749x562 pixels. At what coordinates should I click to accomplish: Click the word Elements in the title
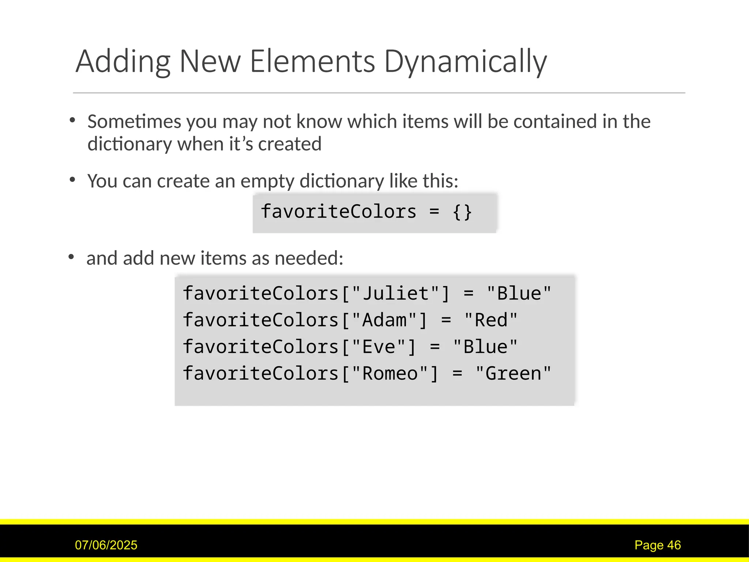[x=312, y=61]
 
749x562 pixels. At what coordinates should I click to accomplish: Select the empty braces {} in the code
[x=462, y=212]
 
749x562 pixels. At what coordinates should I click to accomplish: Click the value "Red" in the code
[x=491, y=321]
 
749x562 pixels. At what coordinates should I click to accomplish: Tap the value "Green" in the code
[x=513, y=374]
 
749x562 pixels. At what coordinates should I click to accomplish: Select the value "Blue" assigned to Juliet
[x=519, y=294]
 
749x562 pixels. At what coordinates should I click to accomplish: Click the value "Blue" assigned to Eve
[x=485, y=347]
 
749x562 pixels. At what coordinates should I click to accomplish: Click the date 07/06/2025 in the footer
[x=106, y=545]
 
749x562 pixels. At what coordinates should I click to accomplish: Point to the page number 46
[x=674, y=545]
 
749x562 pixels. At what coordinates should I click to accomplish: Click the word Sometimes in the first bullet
[x=134, y=121]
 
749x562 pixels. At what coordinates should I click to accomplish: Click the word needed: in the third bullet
[x=309, y=258]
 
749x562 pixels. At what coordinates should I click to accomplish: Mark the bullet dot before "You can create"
[x=72, y=180]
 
